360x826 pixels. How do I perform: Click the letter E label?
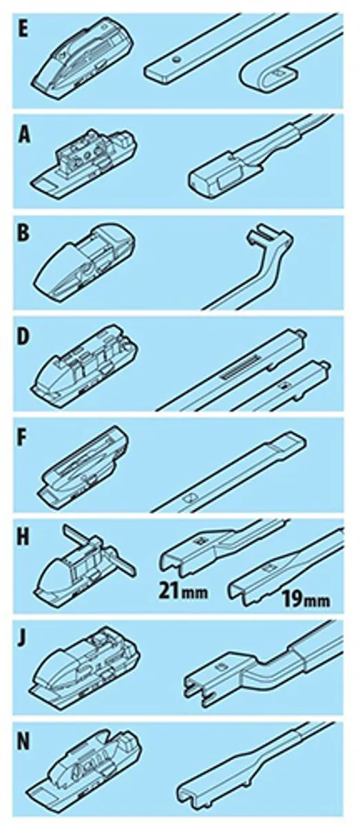23,30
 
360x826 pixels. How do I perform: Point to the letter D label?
23,337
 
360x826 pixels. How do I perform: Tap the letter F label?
23,438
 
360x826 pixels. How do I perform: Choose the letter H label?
24,538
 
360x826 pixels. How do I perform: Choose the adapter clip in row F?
83,465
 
